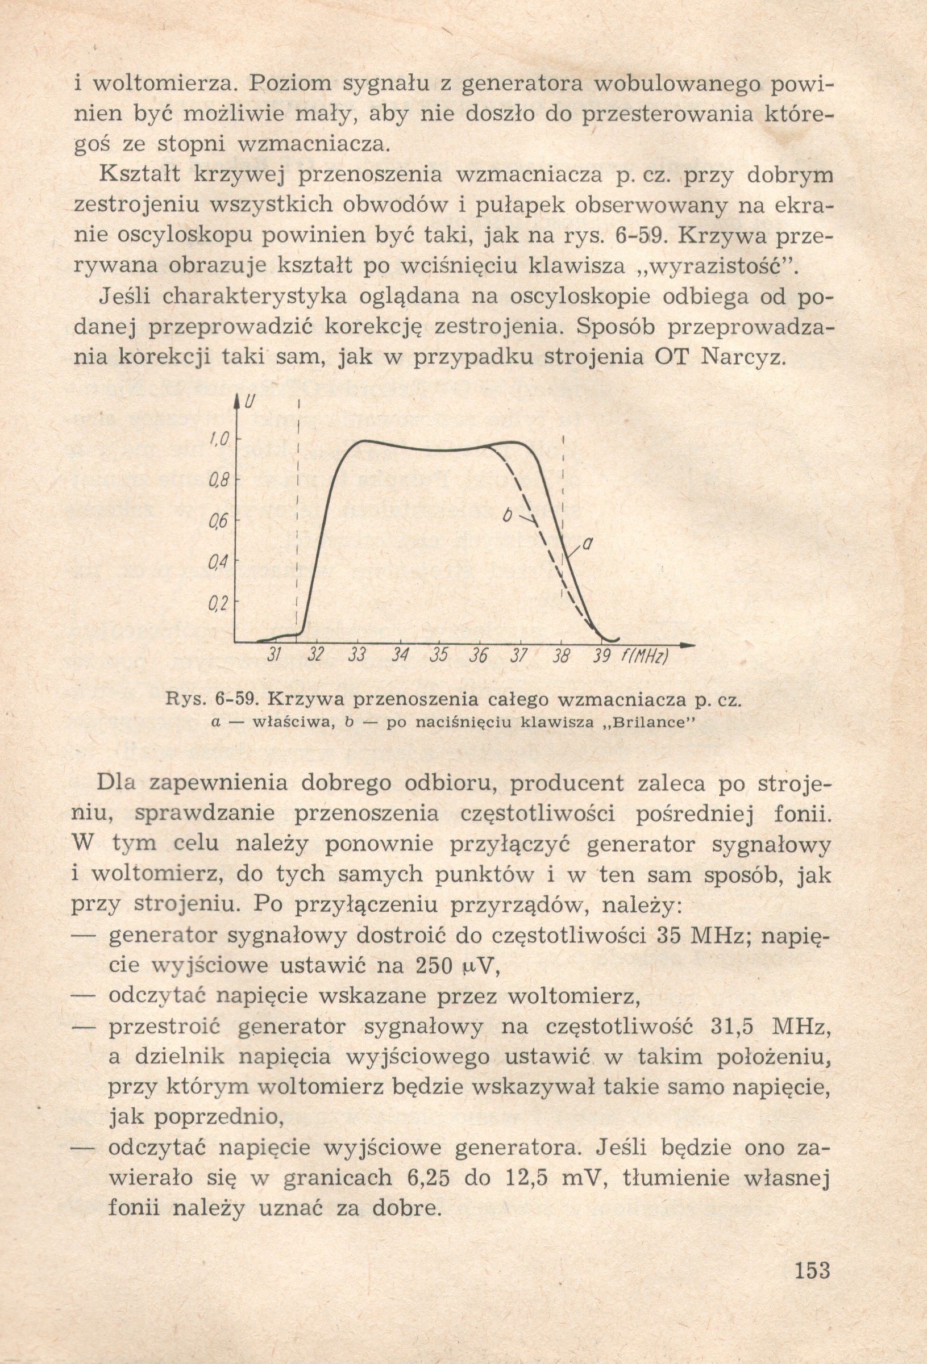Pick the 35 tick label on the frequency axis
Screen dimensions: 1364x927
coord(438,655)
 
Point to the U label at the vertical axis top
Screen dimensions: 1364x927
coord(251,404)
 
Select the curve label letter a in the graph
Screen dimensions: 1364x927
coord(586,545)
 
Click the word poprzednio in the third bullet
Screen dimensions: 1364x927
coord(218,1117)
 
